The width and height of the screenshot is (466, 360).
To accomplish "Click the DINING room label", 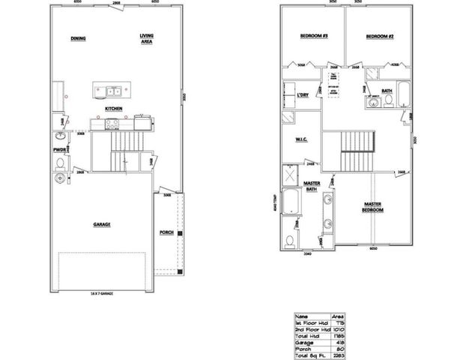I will (x=78, y=39).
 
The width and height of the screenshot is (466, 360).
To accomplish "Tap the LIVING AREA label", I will (x=146, y=39).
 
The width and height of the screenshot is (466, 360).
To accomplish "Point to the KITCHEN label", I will (x=114, y=108).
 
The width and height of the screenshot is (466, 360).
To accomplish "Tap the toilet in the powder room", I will (x=60, y=179).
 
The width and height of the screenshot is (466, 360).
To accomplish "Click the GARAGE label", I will (x=102, y=223).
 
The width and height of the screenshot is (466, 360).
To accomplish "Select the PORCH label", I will (x=167, y=232).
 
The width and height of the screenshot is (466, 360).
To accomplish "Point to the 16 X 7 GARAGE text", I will (x=103, y=292).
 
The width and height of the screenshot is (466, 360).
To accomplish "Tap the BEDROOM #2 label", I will (x=381, y=37).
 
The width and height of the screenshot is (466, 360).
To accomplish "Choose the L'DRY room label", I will (x=302, y=96).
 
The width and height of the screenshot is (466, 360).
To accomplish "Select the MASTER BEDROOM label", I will (x=374, y=206).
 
